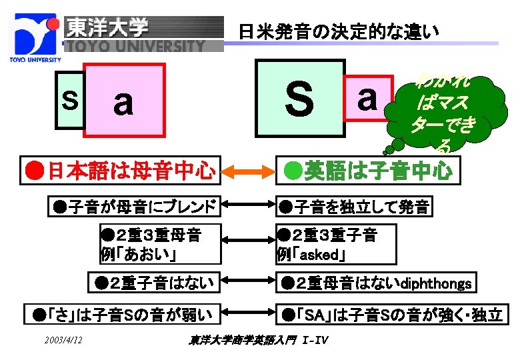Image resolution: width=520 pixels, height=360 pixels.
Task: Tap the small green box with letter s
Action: (x=69, y=99)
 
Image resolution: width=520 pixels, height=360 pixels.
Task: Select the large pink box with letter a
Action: (x=124, y=103)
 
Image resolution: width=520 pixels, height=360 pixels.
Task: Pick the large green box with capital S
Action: (x=299, y=98)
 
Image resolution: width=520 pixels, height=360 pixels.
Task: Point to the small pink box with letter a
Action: (x=366, y=99)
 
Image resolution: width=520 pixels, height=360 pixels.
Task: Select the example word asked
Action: (x=323, y=255)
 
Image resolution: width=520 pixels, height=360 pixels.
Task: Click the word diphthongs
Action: (x=436, y=285)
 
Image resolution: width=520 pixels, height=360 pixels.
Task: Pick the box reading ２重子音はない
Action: (x=155, y=283)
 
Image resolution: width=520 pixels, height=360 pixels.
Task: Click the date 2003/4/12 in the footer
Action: (x=64, y=341)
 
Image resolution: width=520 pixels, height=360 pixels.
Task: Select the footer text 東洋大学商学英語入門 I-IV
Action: (x=258, y=341)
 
